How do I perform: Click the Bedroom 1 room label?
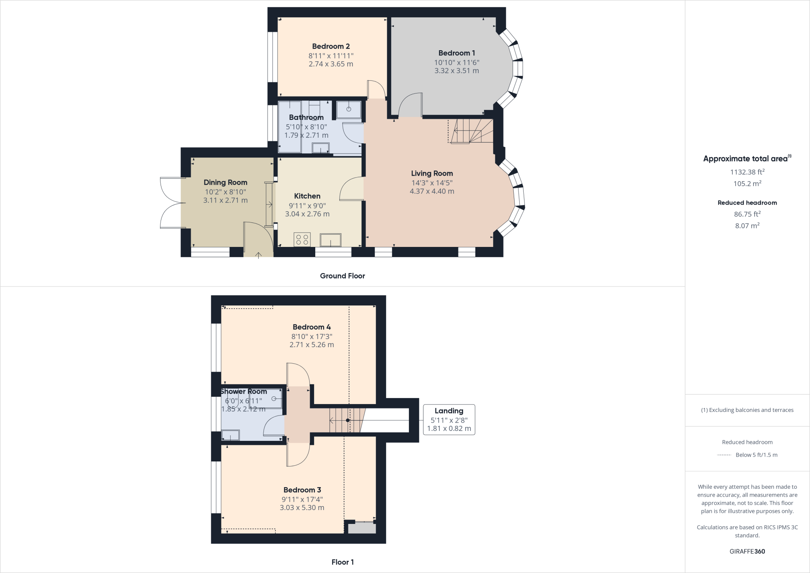[x=456, y=53]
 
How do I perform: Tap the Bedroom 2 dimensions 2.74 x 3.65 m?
[x=331, y=64]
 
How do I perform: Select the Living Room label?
[x=431, y=173]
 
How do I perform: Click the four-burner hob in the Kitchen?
[x=302, y=239]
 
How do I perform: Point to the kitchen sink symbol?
[x=330, y=240]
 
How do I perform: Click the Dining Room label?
[x=225, y=182]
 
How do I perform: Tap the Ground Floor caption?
[x=342, y=276]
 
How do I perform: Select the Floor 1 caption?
[x=342, y=562]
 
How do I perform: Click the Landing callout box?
[x=449, y=420]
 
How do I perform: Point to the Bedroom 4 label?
[x=311, y=327]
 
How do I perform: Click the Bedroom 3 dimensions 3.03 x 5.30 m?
[x=302, y=508]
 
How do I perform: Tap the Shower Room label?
[x=244, y=391]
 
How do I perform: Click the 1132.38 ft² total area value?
[x=747, y=172]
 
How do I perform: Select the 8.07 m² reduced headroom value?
[x=747, y=226]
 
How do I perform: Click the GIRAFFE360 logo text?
[x=747, y=551]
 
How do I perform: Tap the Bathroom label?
[x=306, y=118]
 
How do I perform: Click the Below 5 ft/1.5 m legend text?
[x=756, y=455]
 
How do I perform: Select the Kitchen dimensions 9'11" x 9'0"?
[x=307, y=206]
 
